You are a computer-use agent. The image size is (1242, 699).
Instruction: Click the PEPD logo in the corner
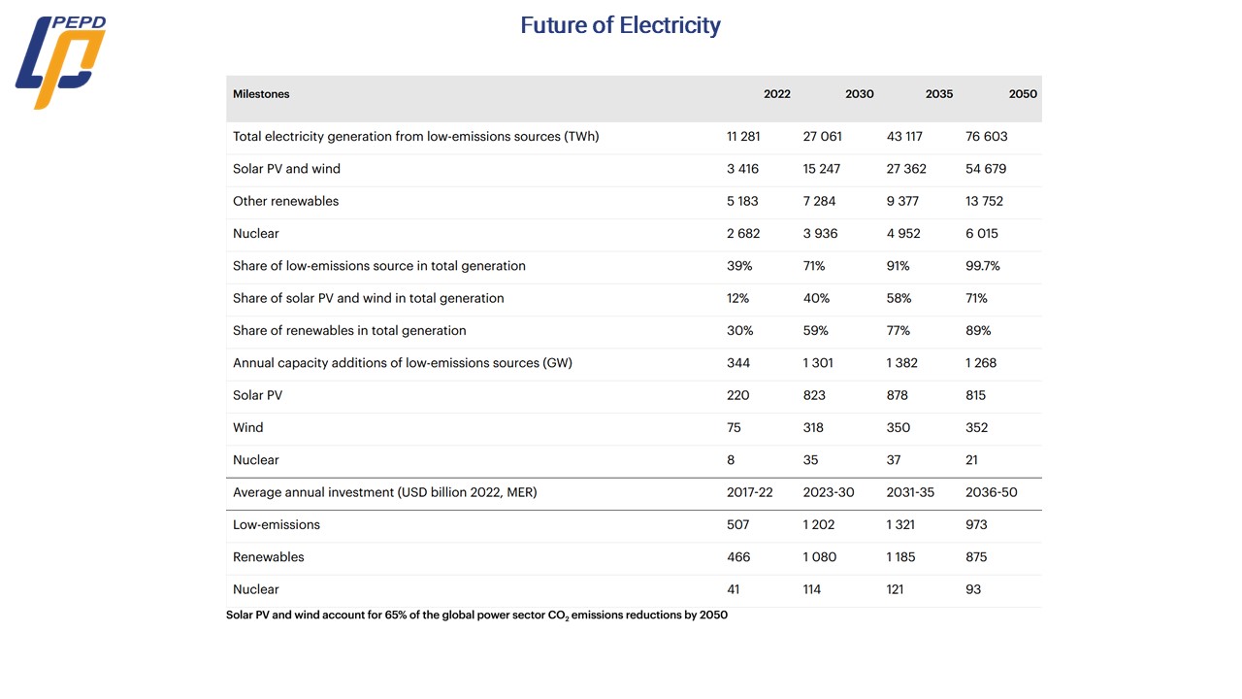point(60,61)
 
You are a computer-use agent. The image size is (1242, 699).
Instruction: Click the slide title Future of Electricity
point(620,25)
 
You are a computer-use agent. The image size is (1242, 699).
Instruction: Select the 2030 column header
point(859,94)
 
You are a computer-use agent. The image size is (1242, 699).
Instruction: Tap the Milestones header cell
point(261,94)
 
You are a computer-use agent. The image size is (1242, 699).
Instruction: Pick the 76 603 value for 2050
point(986,137)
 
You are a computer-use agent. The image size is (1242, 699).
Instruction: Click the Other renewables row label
point(285,201)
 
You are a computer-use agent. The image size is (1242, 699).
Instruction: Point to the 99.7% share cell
point(983,266)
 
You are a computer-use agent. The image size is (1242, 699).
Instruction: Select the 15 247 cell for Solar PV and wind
point(822,169)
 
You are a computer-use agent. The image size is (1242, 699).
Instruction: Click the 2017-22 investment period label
point(749,492)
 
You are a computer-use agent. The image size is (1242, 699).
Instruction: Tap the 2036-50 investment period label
point(991,492)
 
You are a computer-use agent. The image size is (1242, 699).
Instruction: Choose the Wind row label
point(247,427)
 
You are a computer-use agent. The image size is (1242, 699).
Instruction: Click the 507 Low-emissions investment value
point(738,524)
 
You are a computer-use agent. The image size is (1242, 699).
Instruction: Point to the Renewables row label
point(268,557)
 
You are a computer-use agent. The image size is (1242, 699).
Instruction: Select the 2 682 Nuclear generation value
point(743,234)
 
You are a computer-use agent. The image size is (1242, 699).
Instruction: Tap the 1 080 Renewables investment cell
point(820,557)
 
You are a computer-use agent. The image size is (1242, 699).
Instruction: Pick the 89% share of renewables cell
point(978,331)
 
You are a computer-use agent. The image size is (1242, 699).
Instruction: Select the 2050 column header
point(1023,94)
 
